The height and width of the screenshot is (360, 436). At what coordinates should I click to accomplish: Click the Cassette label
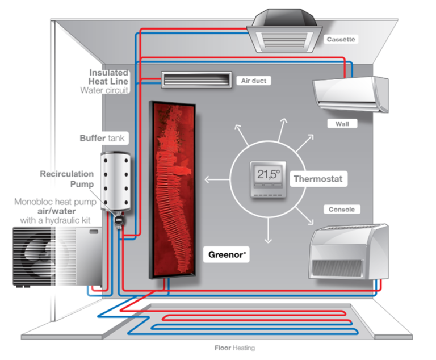(341, 40)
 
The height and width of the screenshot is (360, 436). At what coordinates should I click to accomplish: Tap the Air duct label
(253, 81)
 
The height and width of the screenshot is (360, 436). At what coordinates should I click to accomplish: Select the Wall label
(342, 123)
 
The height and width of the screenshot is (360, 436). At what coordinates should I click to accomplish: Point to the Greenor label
(226, 255)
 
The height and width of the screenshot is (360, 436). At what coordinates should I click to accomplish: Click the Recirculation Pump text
(66, 179)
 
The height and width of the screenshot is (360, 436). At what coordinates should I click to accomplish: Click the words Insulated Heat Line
(109, 77)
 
